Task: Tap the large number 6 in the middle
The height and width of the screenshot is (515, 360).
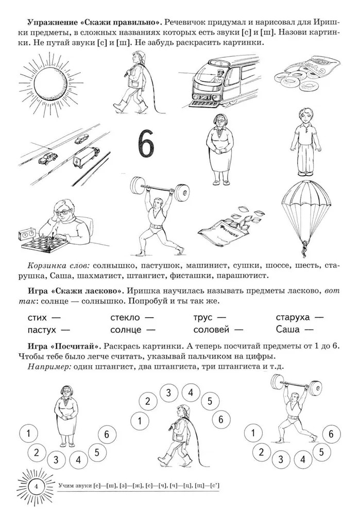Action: coord(146,144)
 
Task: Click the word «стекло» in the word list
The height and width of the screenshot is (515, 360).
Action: coord(126,318)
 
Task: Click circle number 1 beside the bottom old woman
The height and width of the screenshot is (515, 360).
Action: coord(29,433)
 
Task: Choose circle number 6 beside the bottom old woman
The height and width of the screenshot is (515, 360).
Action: coord(107,434)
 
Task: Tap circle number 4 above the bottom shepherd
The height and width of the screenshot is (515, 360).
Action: coord(191,393)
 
